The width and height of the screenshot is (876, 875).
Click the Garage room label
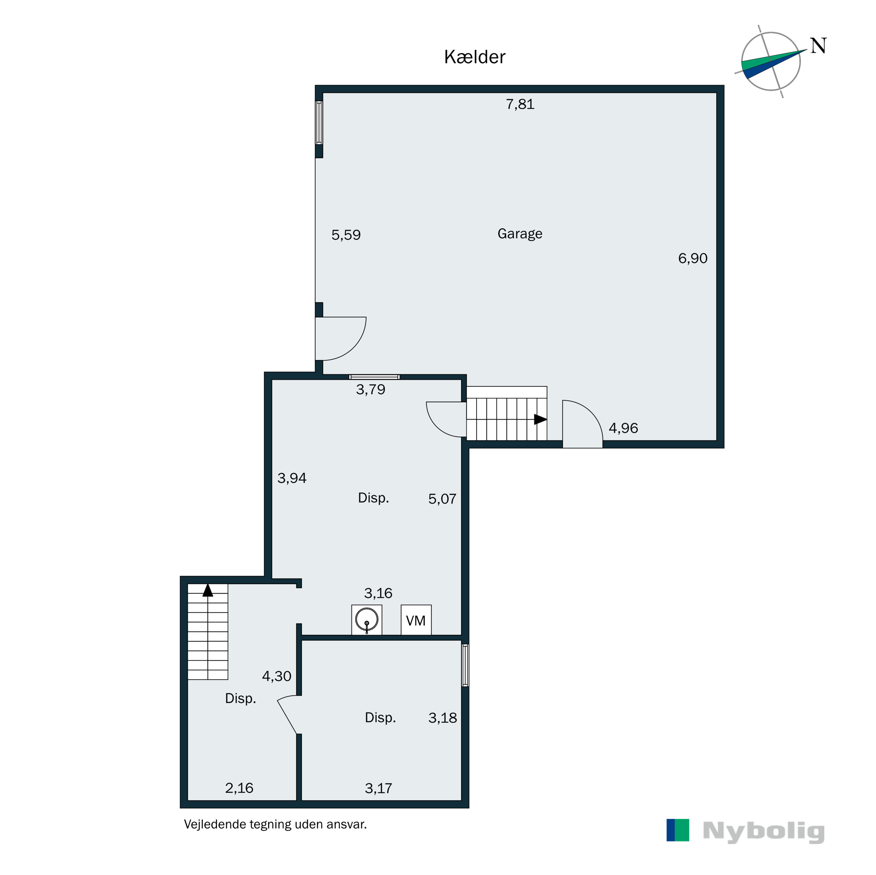tap(520, 234)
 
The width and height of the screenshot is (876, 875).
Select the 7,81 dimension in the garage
tap(520, 104)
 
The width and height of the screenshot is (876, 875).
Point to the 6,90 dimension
tap(692, 258)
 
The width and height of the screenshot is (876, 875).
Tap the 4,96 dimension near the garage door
tap(623, 428)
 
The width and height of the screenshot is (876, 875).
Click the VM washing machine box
tap(416, 620)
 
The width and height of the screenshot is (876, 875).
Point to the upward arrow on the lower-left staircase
tap(208, 590)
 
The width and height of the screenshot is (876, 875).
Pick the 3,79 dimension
tap(371, 389)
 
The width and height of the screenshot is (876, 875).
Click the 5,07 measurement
tap(442, 499)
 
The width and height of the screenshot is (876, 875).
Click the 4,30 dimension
tap(277, 676)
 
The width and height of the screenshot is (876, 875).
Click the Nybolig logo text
tap(764, 831)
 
